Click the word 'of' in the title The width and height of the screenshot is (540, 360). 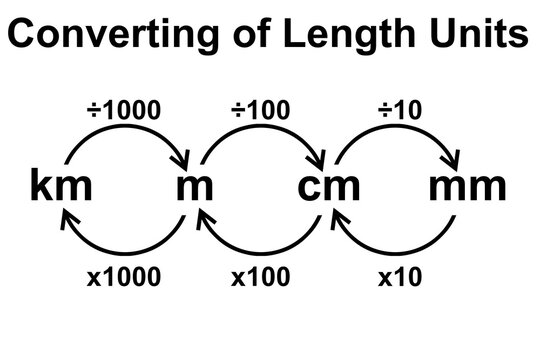[232, 36]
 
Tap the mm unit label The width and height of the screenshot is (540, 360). [467, 186]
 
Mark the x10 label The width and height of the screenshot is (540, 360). [397, 276]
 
